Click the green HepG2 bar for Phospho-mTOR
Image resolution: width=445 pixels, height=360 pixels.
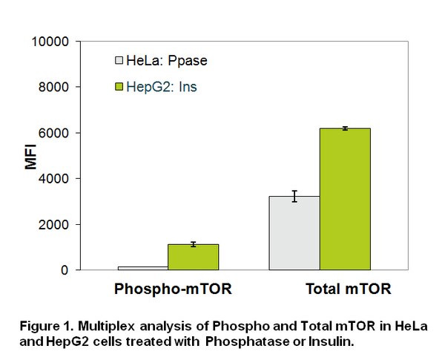(x=194, y=257)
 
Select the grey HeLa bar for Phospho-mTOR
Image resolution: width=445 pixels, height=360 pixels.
(x=143, y=268)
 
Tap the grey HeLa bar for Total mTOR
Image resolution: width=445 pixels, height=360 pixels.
(x=294, y=233)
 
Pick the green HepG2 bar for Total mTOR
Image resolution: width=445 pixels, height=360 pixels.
(x=345, y=199)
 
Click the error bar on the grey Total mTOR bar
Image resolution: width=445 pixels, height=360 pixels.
(x=294, y=197)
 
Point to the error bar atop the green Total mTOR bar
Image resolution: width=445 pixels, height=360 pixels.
(x=345, y=128)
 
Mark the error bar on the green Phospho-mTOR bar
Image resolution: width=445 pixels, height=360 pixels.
(x=194, y=244)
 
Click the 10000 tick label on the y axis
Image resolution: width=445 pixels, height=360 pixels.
(x=50, y=42)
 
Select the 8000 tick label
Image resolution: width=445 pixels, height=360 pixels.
(x=53, y=87)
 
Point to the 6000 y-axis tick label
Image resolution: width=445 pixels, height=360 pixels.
(x=53, y=133)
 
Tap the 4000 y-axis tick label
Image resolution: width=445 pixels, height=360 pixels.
(x=53, y=178)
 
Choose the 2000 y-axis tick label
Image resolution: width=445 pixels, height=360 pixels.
(x=53, y=224)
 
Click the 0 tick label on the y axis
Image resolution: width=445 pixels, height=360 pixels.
(x=65, y=270)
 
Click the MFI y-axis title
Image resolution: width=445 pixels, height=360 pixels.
(x=30, y=157)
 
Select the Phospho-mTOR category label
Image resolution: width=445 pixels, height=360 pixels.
(x=173, y=289)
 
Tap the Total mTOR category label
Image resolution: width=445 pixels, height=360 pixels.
(x=349, y=289)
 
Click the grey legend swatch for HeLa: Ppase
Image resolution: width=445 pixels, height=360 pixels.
(x=119, y=60)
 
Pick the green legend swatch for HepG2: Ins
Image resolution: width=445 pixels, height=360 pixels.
(x=119, y=86)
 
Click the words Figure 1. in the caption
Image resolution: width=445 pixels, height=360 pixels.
(x=47, y=326)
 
